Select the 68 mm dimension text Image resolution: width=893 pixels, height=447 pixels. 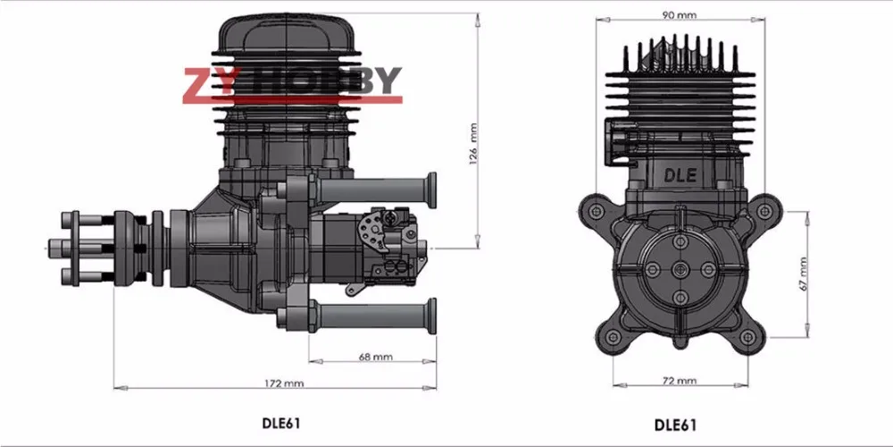[x=376, y=357]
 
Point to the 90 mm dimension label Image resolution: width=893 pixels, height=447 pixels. [x=680, y=15]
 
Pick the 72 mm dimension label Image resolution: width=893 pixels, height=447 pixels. [x=680, y=380]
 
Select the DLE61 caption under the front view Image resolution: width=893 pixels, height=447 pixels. [x=675, y=425]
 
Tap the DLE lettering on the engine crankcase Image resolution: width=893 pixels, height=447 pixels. [x=680, y=175]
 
